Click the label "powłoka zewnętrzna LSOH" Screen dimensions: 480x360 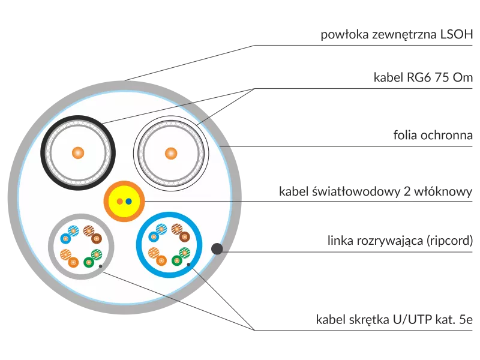coord(397,34)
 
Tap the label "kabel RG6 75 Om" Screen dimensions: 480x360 coord(423,77)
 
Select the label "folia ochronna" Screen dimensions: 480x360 coord(433,135)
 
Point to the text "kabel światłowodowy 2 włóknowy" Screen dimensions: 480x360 coord(376,191)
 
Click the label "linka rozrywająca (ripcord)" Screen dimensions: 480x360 coord(400,241)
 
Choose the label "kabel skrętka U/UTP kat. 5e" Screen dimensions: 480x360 coord(394,319)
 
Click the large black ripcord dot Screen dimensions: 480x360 coord(217,248)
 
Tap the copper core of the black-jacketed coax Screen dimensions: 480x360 coord(78,153)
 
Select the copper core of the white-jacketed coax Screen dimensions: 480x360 coord(171,154)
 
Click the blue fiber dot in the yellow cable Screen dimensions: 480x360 coord(128,202)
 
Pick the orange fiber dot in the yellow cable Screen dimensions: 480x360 coord(119,202)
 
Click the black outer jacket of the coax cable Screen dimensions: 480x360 coord(78,117)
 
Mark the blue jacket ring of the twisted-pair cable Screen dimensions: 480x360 coord(169,214)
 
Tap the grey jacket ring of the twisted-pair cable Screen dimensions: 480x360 coord(81,216)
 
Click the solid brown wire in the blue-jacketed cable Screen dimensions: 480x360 coord(185,236)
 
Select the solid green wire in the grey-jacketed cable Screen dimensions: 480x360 coord(88,262)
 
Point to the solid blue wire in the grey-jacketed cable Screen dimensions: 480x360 coord(65,238)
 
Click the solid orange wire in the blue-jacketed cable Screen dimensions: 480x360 coord(161,260)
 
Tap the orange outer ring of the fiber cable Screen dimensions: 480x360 coord(124,183)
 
